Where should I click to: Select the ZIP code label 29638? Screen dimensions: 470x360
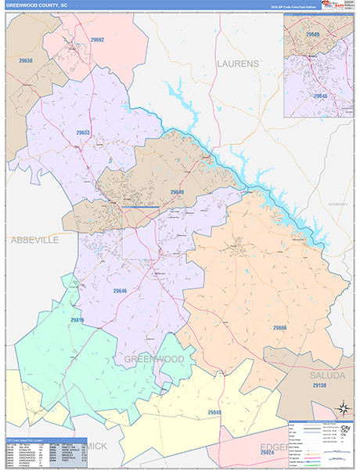[x=26, y=60]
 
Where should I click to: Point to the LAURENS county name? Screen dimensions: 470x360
[x=237, y=63]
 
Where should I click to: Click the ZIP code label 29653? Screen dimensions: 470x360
[x=83, y=132]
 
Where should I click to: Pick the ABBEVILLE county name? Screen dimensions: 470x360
[x=34, y=240]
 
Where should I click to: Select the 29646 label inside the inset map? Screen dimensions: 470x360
[x=320, y=95]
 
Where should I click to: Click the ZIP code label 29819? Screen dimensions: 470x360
[x=77, y=320]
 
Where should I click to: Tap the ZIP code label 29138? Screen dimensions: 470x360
[x=319, y=386]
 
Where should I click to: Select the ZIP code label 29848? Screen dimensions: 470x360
[x=216, y=412]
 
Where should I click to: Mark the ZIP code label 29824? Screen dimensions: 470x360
[x=268, y=453]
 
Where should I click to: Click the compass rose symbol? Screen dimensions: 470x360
[x=342, y=407]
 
